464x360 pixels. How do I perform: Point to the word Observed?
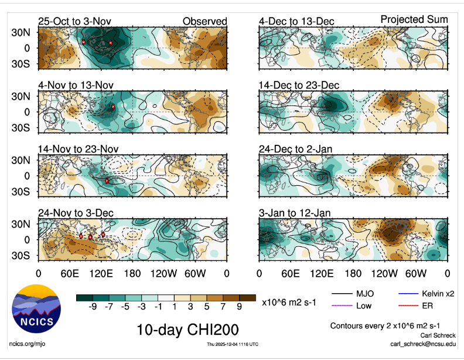pyautogui.click(x=204, y=22)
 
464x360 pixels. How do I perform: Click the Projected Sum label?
pyautogui.click(x=414, y=19)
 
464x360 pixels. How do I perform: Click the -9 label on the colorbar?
pyautogui.click(x=93, y=307)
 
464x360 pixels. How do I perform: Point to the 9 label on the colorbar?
pyautogui.click(x=239, y=307)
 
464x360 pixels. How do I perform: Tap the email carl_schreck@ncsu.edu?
pyautogui.click(x=422, y=344)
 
